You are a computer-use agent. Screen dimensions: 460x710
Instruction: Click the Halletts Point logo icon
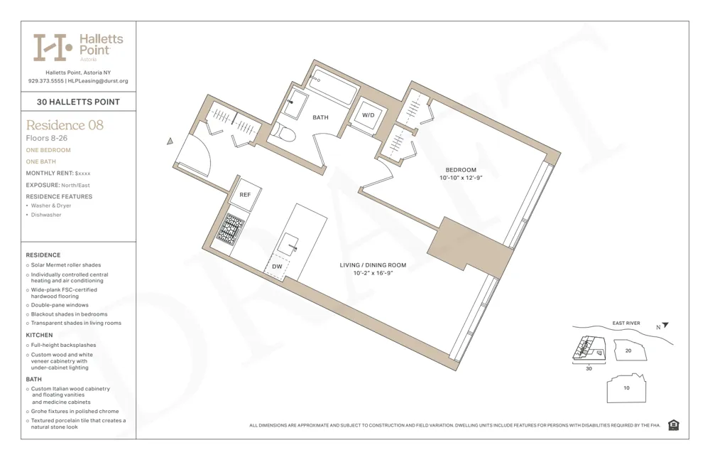[x=53, y=48]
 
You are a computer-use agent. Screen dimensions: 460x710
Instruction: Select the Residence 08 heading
[x=65, y=125]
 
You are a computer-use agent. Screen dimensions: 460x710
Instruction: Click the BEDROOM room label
[x=461, y=170]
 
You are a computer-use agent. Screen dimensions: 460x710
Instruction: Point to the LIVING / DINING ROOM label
[x=373, y=265]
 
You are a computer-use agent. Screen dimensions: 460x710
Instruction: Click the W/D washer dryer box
[x=368, y=115]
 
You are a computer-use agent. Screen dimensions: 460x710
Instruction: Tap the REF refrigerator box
[x=245, y=195]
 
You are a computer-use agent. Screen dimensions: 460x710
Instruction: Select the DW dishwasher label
[x=277, y=267]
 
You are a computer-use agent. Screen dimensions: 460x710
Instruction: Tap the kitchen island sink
[x=292, y=245]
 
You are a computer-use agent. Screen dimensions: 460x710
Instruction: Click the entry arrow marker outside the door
[x=170, y=141]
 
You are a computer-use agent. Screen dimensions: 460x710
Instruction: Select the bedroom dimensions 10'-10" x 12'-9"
[x=461, y=178]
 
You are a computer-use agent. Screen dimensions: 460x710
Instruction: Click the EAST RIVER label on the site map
[x=626, y=323]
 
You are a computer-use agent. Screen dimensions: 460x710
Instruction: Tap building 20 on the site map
[x=628, y=351]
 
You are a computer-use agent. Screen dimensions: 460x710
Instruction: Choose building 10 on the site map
[x=626, y=388]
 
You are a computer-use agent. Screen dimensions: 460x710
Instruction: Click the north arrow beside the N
[x=665, y=326]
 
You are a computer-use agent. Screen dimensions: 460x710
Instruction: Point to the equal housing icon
[x=673, y=425]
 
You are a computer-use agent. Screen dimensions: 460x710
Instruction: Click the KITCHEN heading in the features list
[x=40, y=335]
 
